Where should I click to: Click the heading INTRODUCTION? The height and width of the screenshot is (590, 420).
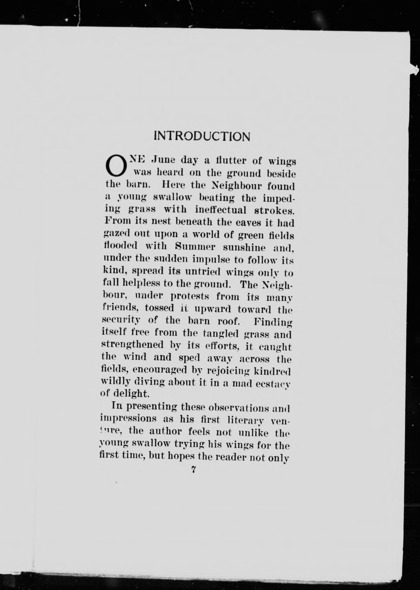202,136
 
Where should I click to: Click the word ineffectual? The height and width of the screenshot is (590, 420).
221,210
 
